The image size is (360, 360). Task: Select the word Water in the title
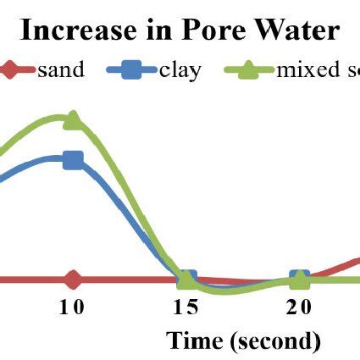click(x=296, y=30)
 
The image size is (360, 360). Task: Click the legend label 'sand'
click(x=61, y=69)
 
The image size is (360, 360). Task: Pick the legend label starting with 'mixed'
click(x=313, y=69)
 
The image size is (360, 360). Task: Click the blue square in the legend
click(x=130, y=69)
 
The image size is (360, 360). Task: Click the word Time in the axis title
click(x=195, y=341)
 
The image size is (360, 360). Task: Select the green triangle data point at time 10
click(x=73, y=119)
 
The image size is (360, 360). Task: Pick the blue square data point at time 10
click(x=73, y=159)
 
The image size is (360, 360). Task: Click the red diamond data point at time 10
click(x=73, y=279)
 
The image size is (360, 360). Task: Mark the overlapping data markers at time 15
click(x=186, y=279)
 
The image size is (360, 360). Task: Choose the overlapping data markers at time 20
click(x=299, y=279)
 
